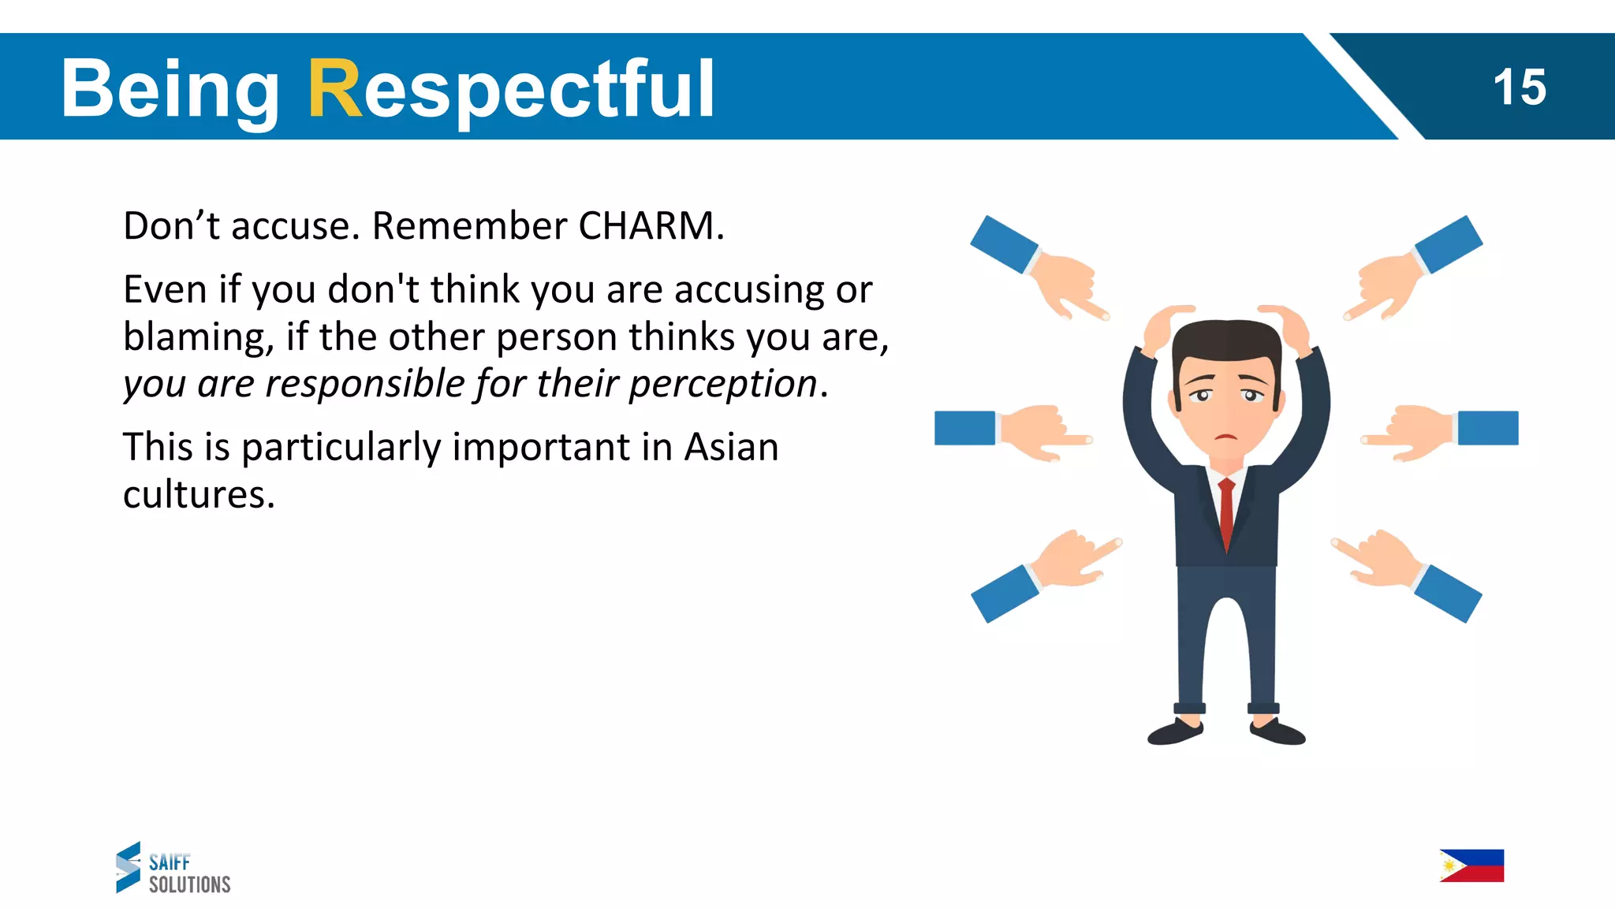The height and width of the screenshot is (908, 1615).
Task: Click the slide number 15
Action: click(1519, 87)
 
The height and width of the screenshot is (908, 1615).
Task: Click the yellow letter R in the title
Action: click(334, 88)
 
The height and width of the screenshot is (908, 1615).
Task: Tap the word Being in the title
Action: click(170, 90)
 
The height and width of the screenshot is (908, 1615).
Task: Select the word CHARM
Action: click(647, 226)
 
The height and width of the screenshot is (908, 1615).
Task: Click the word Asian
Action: click(731, 447)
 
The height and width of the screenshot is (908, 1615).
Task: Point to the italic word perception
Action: click(722, 385)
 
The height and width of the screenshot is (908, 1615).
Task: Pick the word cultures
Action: click(198, 495)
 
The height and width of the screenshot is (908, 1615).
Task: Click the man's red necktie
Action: click(1226, 512)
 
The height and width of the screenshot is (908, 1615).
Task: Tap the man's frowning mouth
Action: click(1225, 437)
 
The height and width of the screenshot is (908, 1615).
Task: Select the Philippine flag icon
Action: click(1471, 865)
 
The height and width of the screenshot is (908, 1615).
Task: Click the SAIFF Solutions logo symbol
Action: click(129, 867)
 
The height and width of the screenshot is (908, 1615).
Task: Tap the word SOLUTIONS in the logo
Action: click(189, 884)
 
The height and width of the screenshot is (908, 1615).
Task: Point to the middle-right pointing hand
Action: click(1412, 433)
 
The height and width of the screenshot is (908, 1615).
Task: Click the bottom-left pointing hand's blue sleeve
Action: click(1003, 594)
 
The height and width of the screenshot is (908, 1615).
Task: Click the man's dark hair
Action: click(1226, 339)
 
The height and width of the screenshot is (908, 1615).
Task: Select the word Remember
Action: click(469, 226)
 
